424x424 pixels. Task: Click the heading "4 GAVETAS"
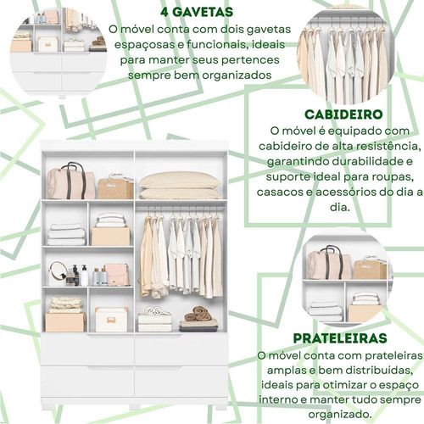pos(197,12)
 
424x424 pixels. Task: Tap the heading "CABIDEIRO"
pos(343,114)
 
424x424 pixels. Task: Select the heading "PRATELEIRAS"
pos(340,338)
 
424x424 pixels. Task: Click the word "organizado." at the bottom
pos(340,415)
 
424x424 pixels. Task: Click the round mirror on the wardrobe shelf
pos(58,273)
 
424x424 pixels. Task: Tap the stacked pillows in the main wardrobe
pos(180,185)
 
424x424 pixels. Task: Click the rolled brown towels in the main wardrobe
pos(198,313)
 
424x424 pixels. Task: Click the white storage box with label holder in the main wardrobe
pos(111,320)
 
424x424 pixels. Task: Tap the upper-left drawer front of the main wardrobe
pos(87,349)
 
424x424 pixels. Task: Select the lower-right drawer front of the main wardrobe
pos(181,382)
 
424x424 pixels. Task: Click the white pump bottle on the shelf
pos(84,276)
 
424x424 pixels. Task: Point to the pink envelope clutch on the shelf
pos(116,274)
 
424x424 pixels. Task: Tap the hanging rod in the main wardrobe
pos(181,208)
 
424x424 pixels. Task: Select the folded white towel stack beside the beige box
pos(67,234)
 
